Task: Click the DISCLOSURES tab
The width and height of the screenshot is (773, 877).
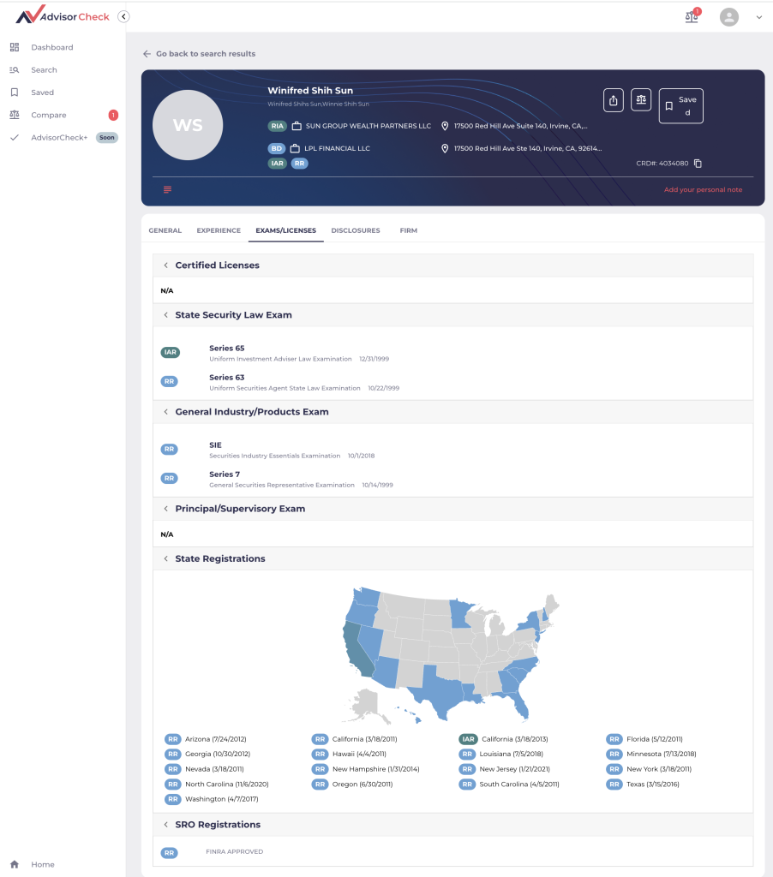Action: pos(355,230)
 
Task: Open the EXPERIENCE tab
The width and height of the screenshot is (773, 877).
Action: pos(219,230)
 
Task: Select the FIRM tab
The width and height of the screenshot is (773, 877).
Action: pos(408,230)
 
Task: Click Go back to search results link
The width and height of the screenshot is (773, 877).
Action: pos(205,54)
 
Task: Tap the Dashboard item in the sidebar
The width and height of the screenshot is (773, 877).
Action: pos(51,47)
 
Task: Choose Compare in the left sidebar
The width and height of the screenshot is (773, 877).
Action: pos(48,115)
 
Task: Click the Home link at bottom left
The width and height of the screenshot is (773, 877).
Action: pos(42,864)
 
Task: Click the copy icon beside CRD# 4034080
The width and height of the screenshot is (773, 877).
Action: pos(698,164)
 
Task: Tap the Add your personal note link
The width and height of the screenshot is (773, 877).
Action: pos(703,189)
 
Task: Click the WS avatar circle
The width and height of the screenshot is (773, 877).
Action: pos(188,125)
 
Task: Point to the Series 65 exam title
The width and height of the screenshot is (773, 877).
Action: pos(226,348)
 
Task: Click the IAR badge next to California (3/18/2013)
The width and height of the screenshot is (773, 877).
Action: pos(467,738)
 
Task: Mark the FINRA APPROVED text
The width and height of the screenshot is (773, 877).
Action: pos(234,852)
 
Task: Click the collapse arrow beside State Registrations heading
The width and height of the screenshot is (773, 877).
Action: pos(165,558)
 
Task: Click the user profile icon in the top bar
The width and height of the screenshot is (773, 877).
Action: pos(728,16)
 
